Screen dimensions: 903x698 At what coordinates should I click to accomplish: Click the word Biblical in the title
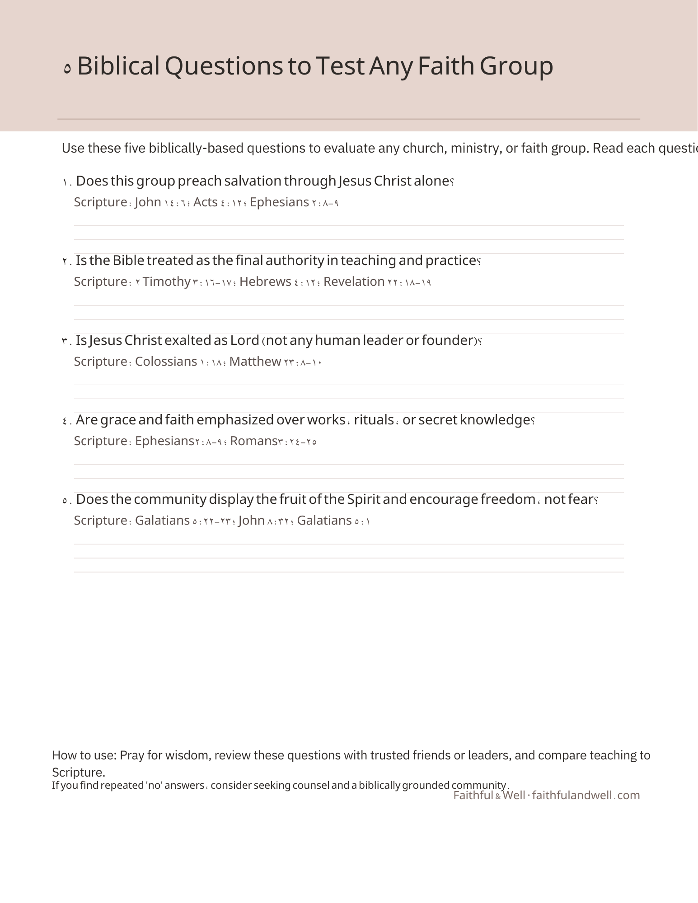coord(118,66)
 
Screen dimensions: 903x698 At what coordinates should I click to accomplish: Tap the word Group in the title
coord(516,66)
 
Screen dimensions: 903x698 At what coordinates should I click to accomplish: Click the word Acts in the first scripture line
coord(206,202)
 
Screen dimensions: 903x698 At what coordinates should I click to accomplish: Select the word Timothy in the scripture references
coord(166,282)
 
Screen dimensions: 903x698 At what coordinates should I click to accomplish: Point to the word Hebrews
coord(265,282)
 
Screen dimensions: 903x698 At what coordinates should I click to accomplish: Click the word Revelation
coord(354,282)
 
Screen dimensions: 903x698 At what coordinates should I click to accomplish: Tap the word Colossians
coord(166,362)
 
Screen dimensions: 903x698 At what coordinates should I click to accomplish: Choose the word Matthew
coord(255,362)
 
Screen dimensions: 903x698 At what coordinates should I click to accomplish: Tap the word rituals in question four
coord(374,420)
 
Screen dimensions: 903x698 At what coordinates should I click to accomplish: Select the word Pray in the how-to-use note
coord(131,755)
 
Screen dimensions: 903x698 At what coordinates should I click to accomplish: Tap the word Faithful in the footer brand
coord(473,796)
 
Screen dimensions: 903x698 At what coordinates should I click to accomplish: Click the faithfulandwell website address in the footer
coord(586,796)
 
